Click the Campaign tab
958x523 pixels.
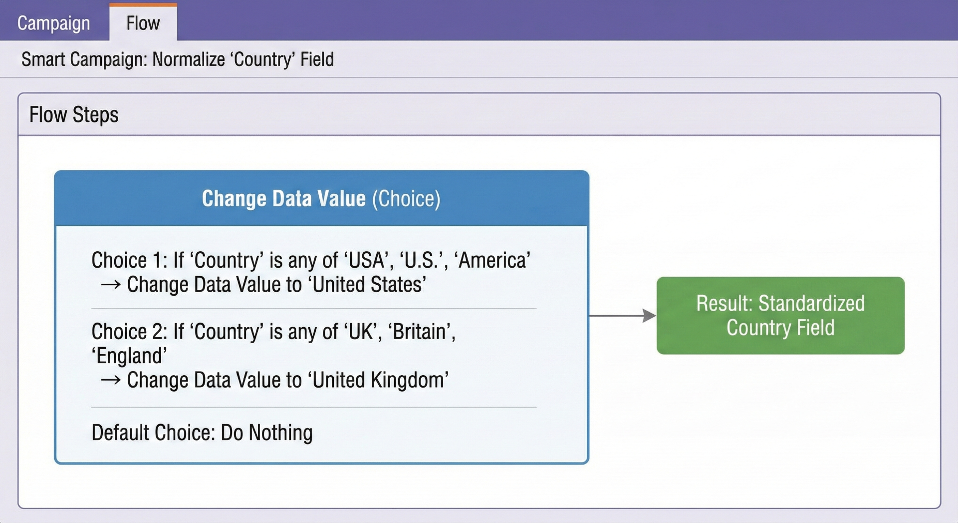point(53,23)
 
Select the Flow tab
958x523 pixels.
point(143,23)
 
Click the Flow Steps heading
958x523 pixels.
point(74,114)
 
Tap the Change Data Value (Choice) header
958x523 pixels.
point(321,198)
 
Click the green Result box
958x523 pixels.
point(780,315)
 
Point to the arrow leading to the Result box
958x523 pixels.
point(622,316)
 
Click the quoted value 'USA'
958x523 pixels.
point(367,260)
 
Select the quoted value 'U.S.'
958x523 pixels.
point(422,260)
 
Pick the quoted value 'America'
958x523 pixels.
point(492,260)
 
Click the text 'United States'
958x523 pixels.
point(367,284)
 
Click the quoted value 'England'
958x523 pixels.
point(129,356)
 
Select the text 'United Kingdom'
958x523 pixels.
point(378,380)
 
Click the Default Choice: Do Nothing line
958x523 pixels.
point(202,433)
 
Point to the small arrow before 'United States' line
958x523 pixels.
point(110,285)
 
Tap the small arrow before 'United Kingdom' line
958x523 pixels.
point(110,381)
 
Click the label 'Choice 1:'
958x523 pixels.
point(129,260)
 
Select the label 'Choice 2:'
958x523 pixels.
point(129,332)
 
